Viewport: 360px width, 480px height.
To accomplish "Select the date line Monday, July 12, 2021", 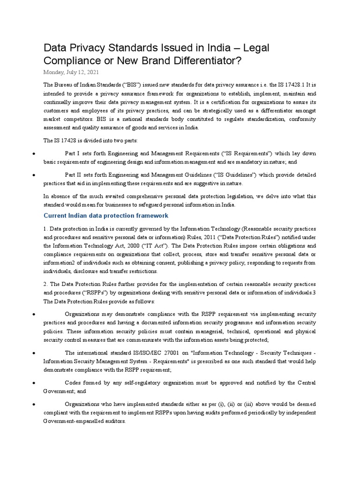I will click(71, 73).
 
